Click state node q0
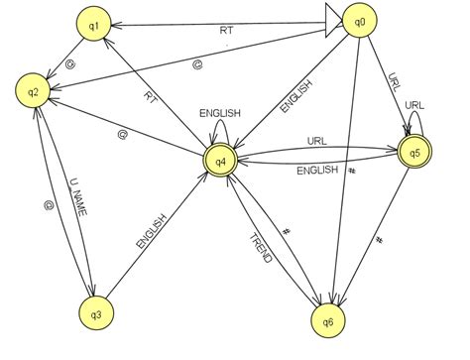[358, 20]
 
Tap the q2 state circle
[33, 92]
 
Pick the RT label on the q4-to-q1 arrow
[151, 98]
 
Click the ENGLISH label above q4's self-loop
[219, 113]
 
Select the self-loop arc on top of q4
[219, 126]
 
